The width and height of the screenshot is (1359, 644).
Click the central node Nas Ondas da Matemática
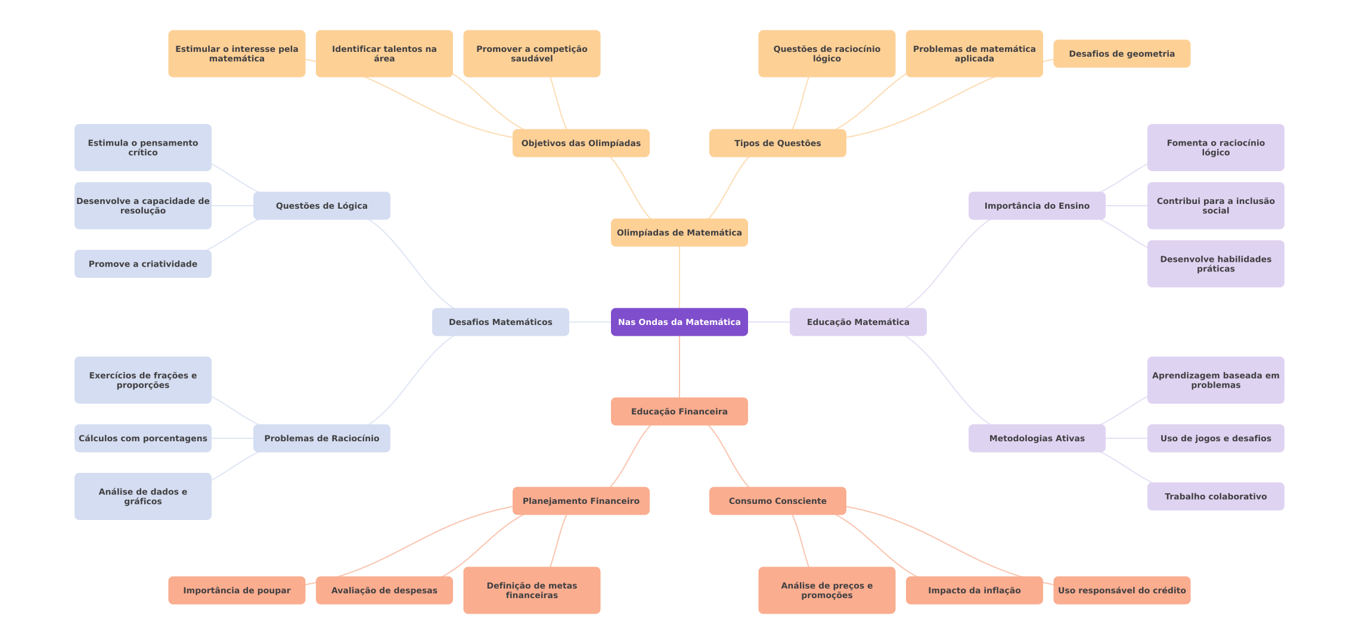[x=679, y=322]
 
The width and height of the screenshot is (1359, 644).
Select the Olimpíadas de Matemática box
[x=679, y=233]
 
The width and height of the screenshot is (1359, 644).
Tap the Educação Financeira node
[x=679, y=411]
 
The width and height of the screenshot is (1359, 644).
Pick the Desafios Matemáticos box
[x=500, y=322]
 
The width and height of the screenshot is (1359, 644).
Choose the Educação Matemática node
[x=858, y=322]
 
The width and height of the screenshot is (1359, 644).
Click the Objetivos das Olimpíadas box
[x=581, y=143]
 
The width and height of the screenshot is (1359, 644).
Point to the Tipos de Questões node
[x=777, y=143]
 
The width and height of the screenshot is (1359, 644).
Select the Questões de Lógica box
[x=321, y=206]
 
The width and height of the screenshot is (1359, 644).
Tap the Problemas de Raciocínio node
[x=321, y=438]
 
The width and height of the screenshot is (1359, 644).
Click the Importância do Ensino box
[x=1037, y=206]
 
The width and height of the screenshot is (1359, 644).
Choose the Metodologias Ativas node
[x=1037, y=438]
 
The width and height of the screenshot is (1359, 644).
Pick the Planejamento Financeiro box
[x=581, y=501]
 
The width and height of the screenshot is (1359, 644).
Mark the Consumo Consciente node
[x=777, y=501]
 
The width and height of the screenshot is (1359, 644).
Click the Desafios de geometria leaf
[x=1121, y=54]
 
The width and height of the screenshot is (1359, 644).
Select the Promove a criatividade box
[x=142, y=264]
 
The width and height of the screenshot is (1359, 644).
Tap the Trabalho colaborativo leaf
[x=1215, y=496]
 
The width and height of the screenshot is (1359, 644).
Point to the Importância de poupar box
[x=237, y=590]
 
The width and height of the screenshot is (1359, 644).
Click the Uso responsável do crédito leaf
[x=1121, y=590]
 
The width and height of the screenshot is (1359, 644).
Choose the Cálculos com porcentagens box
[x=142, y=438]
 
